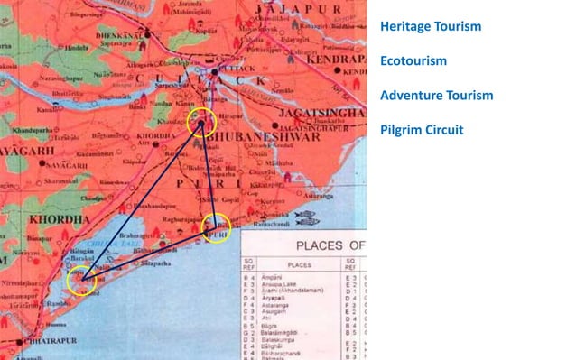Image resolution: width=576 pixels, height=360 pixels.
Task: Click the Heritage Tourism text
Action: click(431, 26)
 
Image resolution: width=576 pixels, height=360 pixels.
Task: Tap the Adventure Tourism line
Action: click(436, 95)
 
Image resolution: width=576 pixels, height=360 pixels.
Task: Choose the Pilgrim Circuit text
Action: click(422, 130)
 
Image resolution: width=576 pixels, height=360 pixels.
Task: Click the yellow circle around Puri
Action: click(216, 229)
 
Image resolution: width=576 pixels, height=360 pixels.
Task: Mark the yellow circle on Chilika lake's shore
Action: click(82, 279)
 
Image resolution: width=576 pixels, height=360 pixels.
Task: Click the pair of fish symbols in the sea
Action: click(306, 217)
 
